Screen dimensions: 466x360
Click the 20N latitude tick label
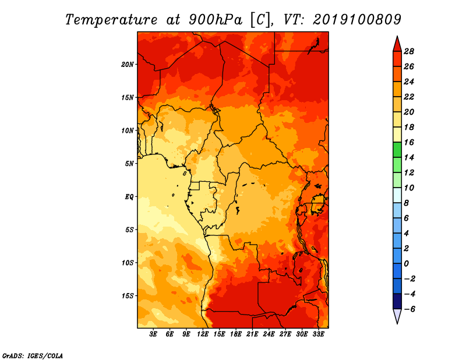coord(128,64)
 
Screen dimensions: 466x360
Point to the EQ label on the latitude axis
coord(129,197)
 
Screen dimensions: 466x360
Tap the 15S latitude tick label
coord(128,296)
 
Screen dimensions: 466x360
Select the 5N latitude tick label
coord(129,164)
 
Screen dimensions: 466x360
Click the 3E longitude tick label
coord(153,334)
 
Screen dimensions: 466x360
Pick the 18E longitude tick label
coord(236,334)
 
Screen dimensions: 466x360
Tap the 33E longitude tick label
coord(318,334)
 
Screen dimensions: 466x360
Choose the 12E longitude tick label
coord(203,334)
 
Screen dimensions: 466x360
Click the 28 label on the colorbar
coord(409,51)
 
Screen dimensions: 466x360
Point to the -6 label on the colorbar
coord(409,309)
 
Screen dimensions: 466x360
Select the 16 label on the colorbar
coord(409,142)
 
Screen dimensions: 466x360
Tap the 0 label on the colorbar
coord(406,264)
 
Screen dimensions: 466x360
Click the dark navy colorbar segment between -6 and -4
coord(397,301)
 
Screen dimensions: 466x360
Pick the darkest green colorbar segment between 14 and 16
coord(397,150)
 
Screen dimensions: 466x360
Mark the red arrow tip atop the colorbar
coord(397,36)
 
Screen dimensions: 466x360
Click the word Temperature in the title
coord(111,20)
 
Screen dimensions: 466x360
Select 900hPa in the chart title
coord(216,20)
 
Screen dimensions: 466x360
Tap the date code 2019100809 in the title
coord(357,20)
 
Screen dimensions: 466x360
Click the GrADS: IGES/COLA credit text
coord(33,355)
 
